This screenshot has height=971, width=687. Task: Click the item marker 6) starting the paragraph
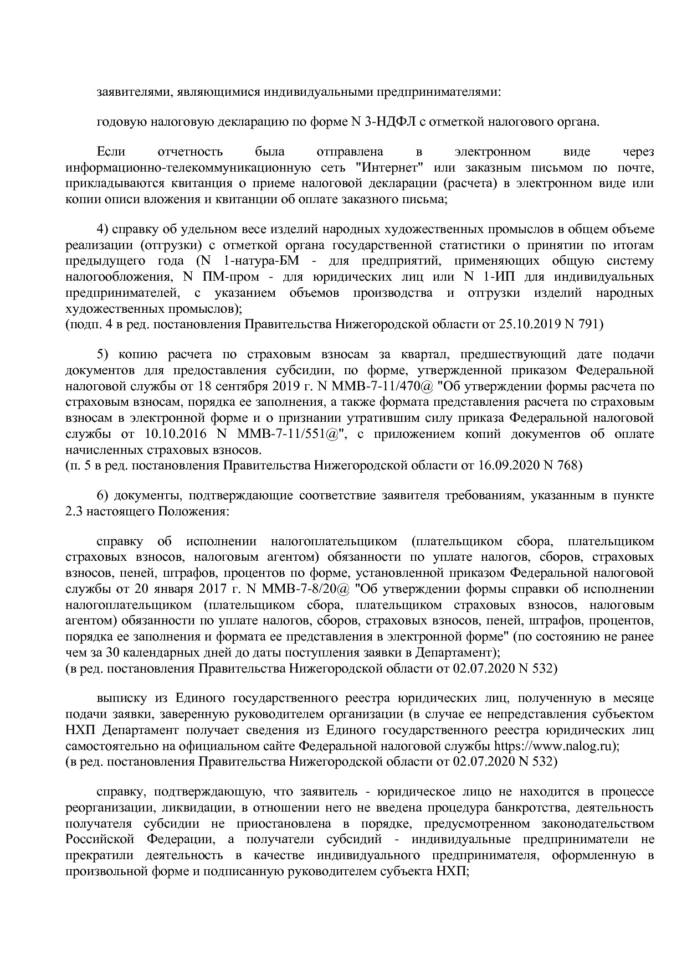click(x=103, y=495)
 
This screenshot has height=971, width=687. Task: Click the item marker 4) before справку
click(x=103, y=229)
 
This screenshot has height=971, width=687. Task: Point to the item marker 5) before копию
click(x=103, y=354)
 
